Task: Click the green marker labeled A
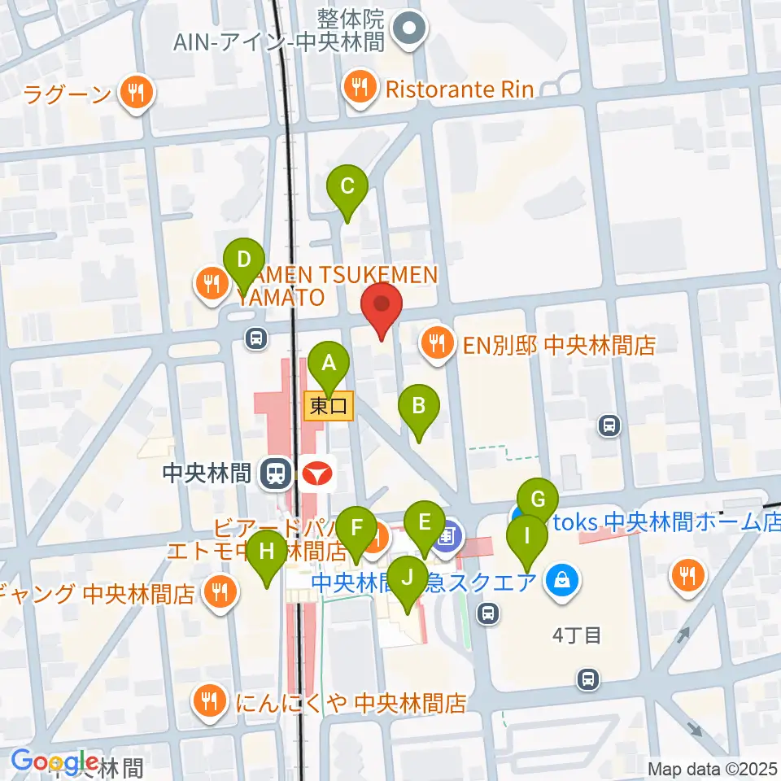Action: (329, 363)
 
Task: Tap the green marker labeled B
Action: (418, 405)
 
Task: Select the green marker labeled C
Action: (347, 186)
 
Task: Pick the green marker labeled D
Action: (243, 260)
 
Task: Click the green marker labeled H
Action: (267, 552)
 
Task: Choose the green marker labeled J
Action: (407, 578)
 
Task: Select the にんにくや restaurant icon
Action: (210, 699)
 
